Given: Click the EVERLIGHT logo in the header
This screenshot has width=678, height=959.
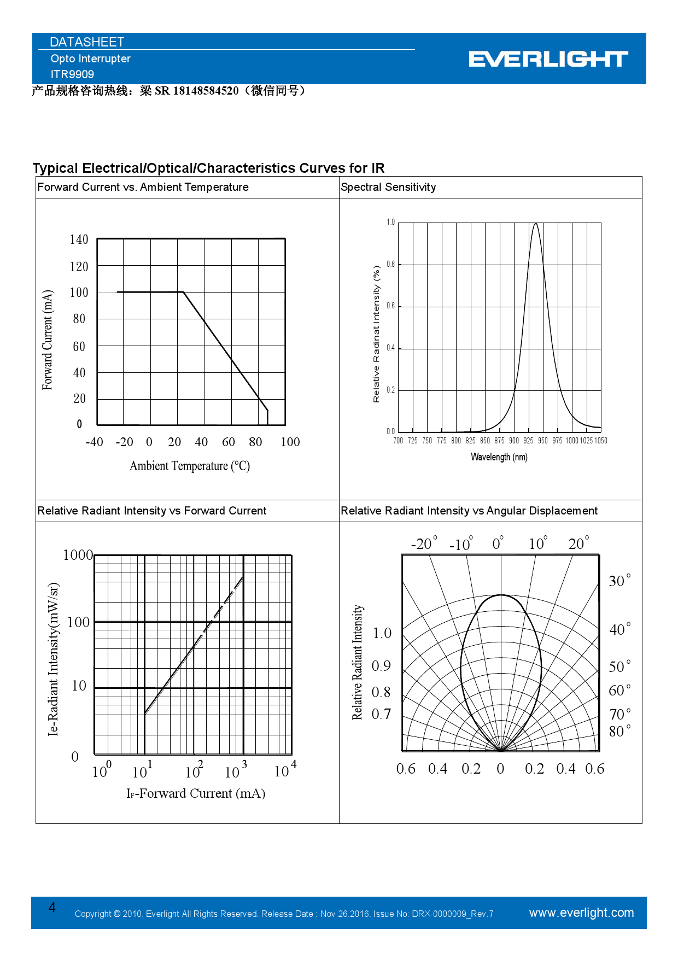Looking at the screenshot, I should pyautogui.click(x=548, y=59).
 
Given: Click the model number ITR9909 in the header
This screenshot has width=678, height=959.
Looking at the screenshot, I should pyautogui.click(x=72, y=74).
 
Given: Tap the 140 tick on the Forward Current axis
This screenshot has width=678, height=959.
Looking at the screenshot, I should pyautogui.click(x=79, y=239).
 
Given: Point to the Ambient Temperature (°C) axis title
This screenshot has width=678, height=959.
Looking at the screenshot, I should pyautogui.click(x=190, y=466).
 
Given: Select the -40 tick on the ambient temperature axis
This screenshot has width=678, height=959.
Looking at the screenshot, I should pyautogui.click(x=94, y=442).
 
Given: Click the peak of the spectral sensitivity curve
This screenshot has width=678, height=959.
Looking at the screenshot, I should pyautogui.click(x=536, y=223).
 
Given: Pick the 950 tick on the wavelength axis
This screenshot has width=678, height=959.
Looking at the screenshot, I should pyautogui.click(x=542, y=441).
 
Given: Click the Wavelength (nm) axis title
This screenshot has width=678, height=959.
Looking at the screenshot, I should pyautogui.click(x=499, y=457).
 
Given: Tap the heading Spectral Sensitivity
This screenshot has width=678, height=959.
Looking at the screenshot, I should pyautogui.click(x=388, y=187).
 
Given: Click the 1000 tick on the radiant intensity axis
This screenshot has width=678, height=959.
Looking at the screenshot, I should pyautogui.click(x=78, y=555).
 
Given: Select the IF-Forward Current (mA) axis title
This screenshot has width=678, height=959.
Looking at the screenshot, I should pyautogui.click(x=196, y=793).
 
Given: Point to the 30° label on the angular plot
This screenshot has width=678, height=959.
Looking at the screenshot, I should pyautogui.click(x=619, y=581).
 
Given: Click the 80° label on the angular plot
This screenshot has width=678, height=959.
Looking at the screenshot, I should pyautogui.click(x=619, y=731).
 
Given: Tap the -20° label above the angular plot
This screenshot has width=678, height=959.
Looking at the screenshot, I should pyautogui.click(x=424, y=544).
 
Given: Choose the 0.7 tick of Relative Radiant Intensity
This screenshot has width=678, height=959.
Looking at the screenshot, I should pyautogui.click(x=381, y=714).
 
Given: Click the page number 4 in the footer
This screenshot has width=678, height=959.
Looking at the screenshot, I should pyautogui.click(x=52, y=907).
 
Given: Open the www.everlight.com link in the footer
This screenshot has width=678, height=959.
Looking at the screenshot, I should pyautogui.click(x=581, y=913).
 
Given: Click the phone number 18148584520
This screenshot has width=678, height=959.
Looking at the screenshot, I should pyautogui.click(x=206, y=91).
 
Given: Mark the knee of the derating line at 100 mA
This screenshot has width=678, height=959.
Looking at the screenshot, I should pyautogui.click(x=183, y=292).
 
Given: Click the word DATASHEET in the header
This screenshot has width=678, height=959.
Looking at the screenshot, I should pyautogui.click(x=87, y=42).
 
